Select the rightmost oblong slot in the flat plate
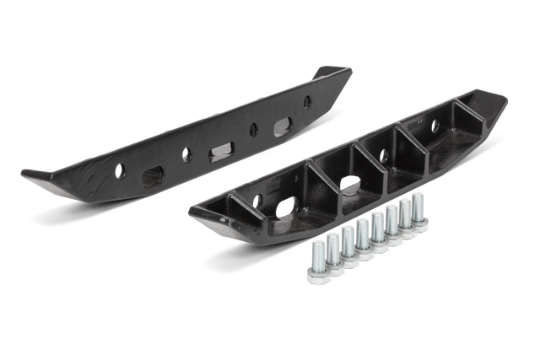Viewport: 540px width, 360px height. (282, 126)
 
